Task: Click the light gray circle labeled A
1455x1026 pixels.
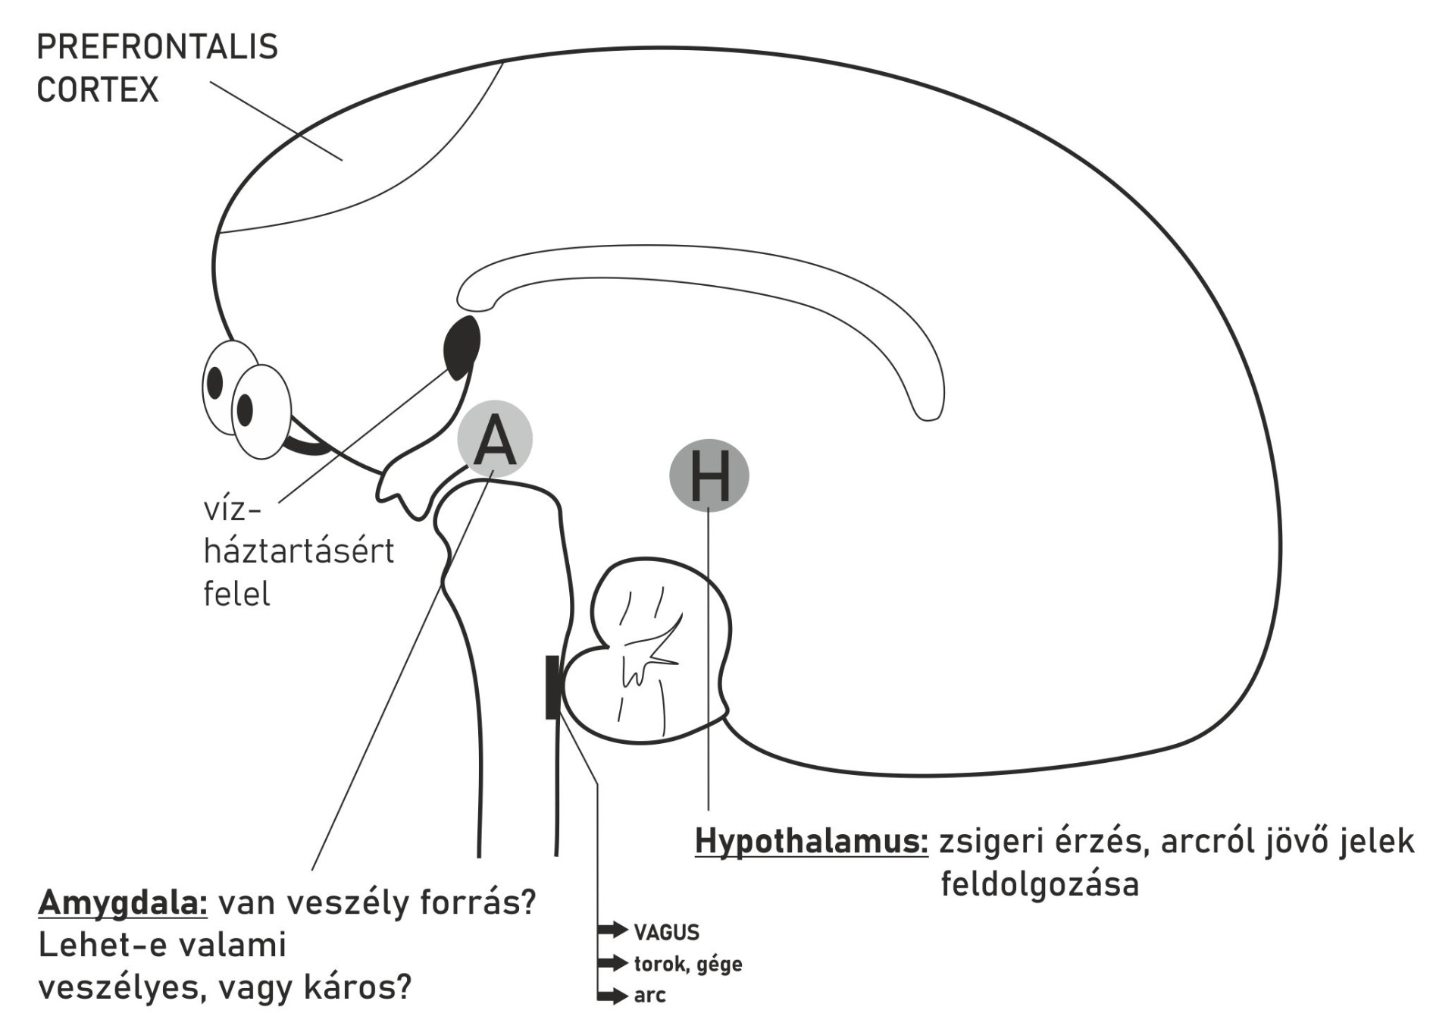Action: point(495,439)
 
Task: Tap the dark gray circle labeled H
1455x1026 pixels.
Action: point(709,475)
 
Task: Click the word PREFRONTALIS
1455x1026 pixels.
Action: point(157,47)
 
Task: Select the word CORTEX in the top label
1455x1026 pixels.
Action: point(98,89)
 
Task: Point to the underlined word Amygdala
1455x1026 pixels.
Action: point(123,902)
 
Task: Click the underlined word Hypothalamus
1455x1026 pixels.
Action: point(811,841)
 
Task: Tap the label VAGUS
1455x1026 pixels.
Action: point(666,932)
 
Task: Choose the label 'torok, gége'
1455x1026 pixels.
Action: point(688,965)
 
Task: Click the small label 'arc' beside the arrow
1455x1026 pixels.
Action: point(649,996)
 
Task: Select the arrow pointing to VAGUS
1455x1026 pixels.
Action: point(612,930)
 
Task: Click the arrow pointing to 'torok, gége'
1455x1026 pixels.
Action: point(612,963)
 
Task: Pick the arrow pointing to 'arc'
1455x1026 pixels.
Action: point(612,996)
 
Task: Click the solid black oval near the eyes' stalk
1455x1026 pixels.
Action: point(462,347)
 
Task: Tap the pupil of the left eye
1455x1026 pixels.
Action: point(215,382)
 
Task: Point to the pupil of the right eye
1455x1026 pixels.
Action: point(245,409)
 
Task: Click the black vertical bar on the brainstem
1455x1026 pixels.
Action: point(552,687)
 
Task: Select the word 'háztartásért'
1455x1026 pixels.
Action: point(299,551)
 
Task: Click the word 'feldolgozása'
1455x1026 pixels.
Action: point(1040,884)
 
